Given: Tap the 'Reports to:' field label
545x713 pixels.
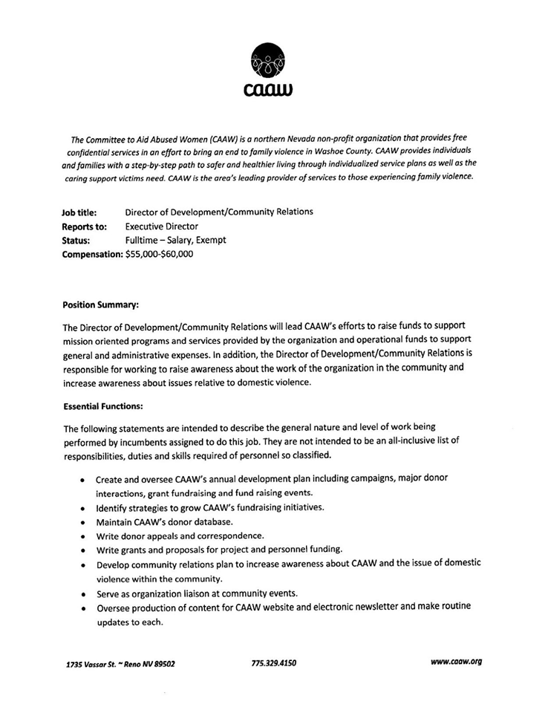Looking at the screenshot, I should click(84, 227).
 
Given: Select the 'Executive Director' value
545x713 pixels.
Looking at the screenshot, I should click(162, 227).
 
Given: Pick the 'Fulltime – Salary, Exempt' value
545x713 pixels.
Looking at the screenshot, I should click(176, 241).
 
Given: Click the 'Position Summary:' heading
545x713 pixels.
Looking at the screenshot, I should click(101, 304).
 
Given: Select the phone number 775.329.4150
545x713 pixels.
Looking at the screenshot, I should click(274, 662).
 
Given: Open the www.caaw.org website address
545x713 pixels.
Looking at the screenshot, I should click(456, 662).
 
